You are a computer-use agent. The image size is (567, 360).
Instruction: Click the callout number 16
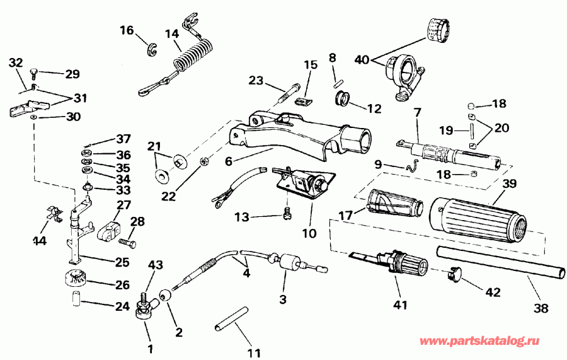click(127, 30)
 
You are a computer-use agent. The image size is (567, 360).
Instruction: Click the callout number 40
click(362, 61)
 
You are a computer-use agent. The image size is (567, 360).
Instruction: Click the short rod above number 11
click(230, 316)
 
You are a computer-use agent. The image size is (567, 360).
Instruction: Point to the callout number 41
click(401, 305)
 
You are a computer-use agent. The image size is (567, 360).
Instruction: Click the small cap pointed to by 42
click(453, 274)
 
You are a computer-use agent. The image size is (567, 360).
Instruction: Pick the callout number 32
click(16, 62)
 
